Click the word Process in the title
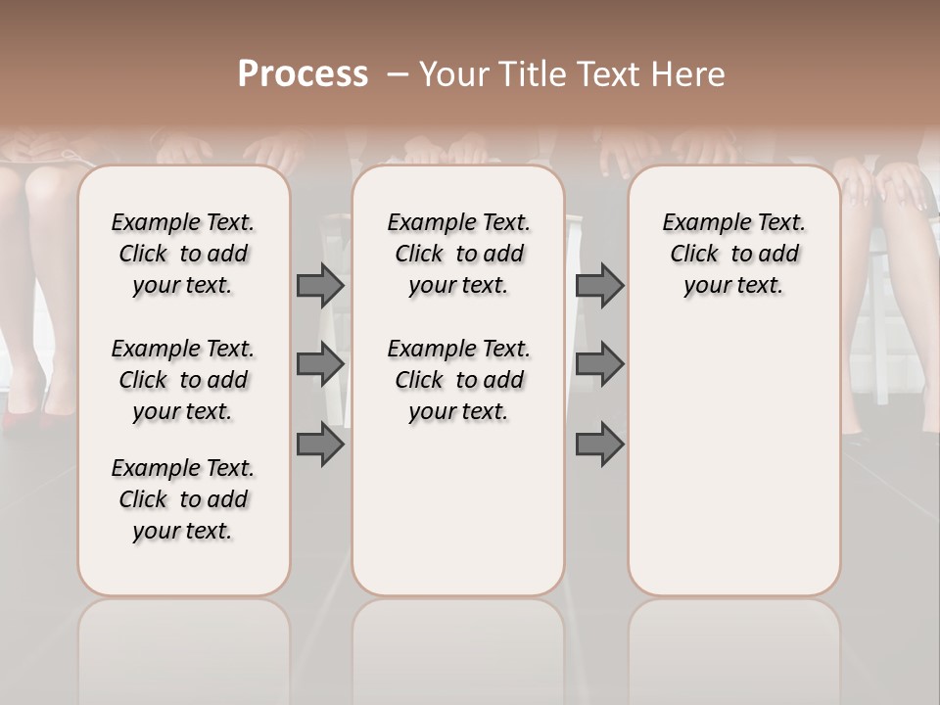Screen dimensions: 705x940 coord(303,74)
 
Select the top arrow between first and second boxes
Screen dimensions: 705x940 coord(320,285)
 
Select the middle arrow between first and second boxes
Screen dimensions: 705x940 coord(320,364)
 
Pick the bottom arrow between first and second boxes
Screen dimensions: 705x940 coord(320,445)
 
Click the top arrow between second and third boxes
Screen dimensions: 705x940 coord(599,285)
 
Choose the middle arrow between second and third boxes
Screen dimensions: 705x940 coord(599,364)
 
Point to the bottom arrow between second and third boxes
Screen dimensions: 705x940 coord(599,445)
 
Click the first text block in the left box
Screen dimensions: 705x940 coord(183,254)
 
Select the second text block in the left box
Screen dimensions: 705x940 coord(183,380)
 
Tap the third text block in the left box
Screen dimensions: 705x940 coord(183,499)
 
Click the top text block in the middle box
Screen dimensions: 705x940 coord(458,254)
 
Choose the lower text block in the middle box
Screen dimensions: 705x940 coord(458,380)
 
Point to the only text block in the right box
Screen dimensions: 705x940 coord(733,254)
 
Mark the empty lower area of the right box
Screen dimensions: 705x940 coord(733,460)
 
